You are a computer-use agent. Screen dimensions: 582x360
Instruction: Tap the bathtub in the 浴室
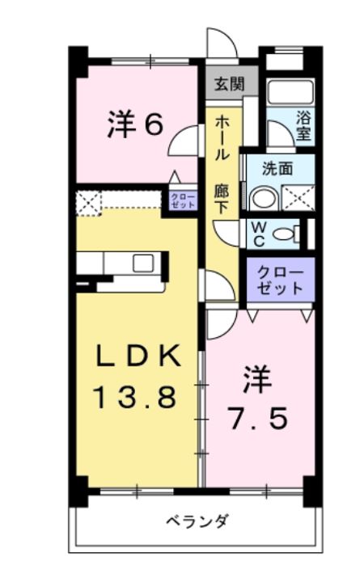pos(290,91)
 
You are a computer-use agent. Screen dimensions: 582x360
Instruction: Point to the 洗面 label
pos(277,169)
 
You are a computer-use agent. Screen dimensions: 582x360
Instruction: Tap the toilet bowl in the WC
pos(284,234)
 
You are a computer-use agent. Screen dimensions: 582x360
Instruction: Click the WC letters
pos(258,234)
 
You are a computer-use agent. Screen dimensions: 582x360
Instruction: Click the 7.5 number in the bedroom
pos(256,420)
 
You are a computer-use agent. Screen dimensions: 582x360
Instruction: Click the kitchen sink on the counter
pos(143,263)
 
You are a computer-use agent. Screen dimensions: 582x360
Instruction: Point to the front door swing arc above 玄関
pos(218,44)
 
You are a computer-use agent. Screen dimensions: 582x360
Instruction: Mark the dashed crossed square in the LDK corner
pos(87,202)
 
